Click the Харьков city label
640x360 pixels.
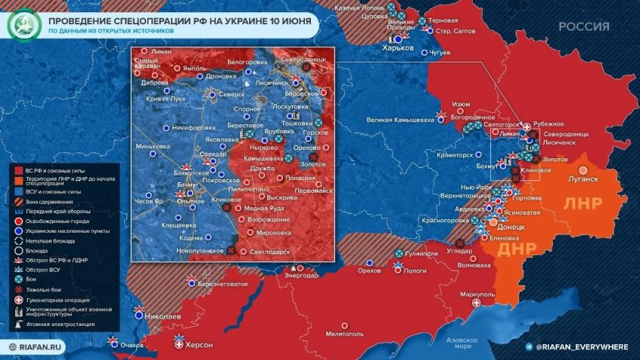point(399,47)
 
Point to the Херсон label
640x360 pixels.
point(199,345)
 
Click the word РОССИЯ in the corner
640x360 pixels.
point(584,26)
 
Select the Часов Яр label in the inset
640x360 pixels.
point(148,201)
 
